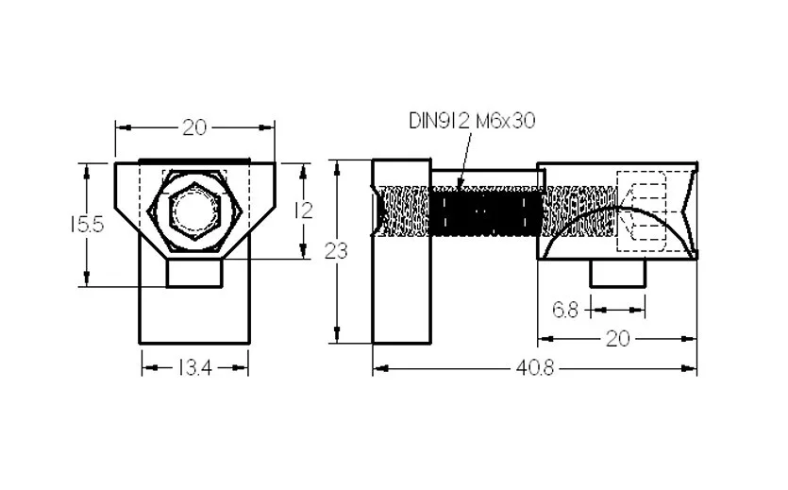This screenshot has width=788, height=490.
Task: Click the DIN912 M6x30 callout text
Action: (x=472, y=121)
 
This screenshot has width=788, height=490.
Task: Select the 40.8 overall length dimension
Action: (x=535, y=369)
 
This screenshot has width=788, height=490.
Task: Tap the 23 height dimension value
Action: (x=336, y=250)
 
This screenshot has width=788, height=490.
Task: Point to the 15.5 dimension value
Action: (x=87, y=225)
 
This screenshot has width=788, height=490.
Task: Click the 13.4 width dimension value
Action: (x=195, y=369)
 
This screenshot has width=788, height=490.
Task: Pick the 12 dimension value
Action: (x=303, y=211)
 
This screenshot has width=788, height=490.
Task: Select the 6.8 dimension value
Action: (x=566, y=310)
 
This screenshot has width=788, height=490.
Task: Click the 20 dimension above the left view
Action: (x=194, y=127)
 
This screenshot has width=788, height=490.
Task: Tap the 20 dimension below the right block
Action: (x=617, y=339)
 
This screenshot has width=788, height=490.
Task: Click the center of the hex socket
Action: (x=195, y=209)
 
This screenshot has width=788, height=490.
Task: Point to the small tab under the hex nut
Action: (x=194, y=273)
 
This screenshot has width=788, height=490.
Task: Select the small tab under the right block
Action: (x=617, y=273)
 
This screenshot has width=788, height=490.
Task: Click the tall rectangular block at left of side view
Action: (x=401, y=251)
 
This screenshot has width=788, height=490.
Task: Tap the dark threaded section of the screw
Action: (x=486, y=211)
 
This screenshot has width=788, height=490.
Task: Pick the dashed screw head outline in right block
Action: (x=641, y=211)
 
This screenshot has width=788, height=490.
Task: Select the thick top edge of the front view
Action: (x=194, y=161)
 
